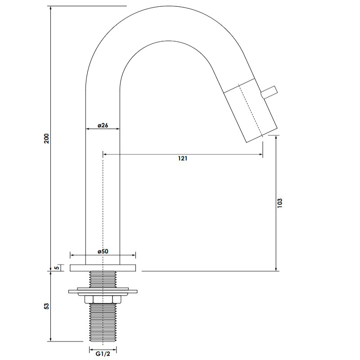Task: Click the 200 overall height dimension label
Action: click(x=46, y=138)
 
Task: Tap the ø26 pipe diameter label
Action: click(x=103, y=125)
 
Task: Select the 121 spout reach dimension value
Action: click(x=183, y=158)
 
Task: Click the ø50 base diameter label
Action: click(x=103, y=251)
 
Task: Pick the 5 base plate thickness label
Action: click(x=56, y=267)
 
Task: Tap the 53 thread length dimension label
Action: click(x=46, y=306)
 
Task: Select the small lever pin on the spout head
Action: click(x=269, y=92)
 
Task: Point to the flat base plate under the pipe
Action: click(x=103, y=268)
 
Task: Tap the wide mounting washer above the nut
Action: click(x=103, y=292)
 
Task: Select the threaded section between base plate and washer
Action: click(x=103, y=279)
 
